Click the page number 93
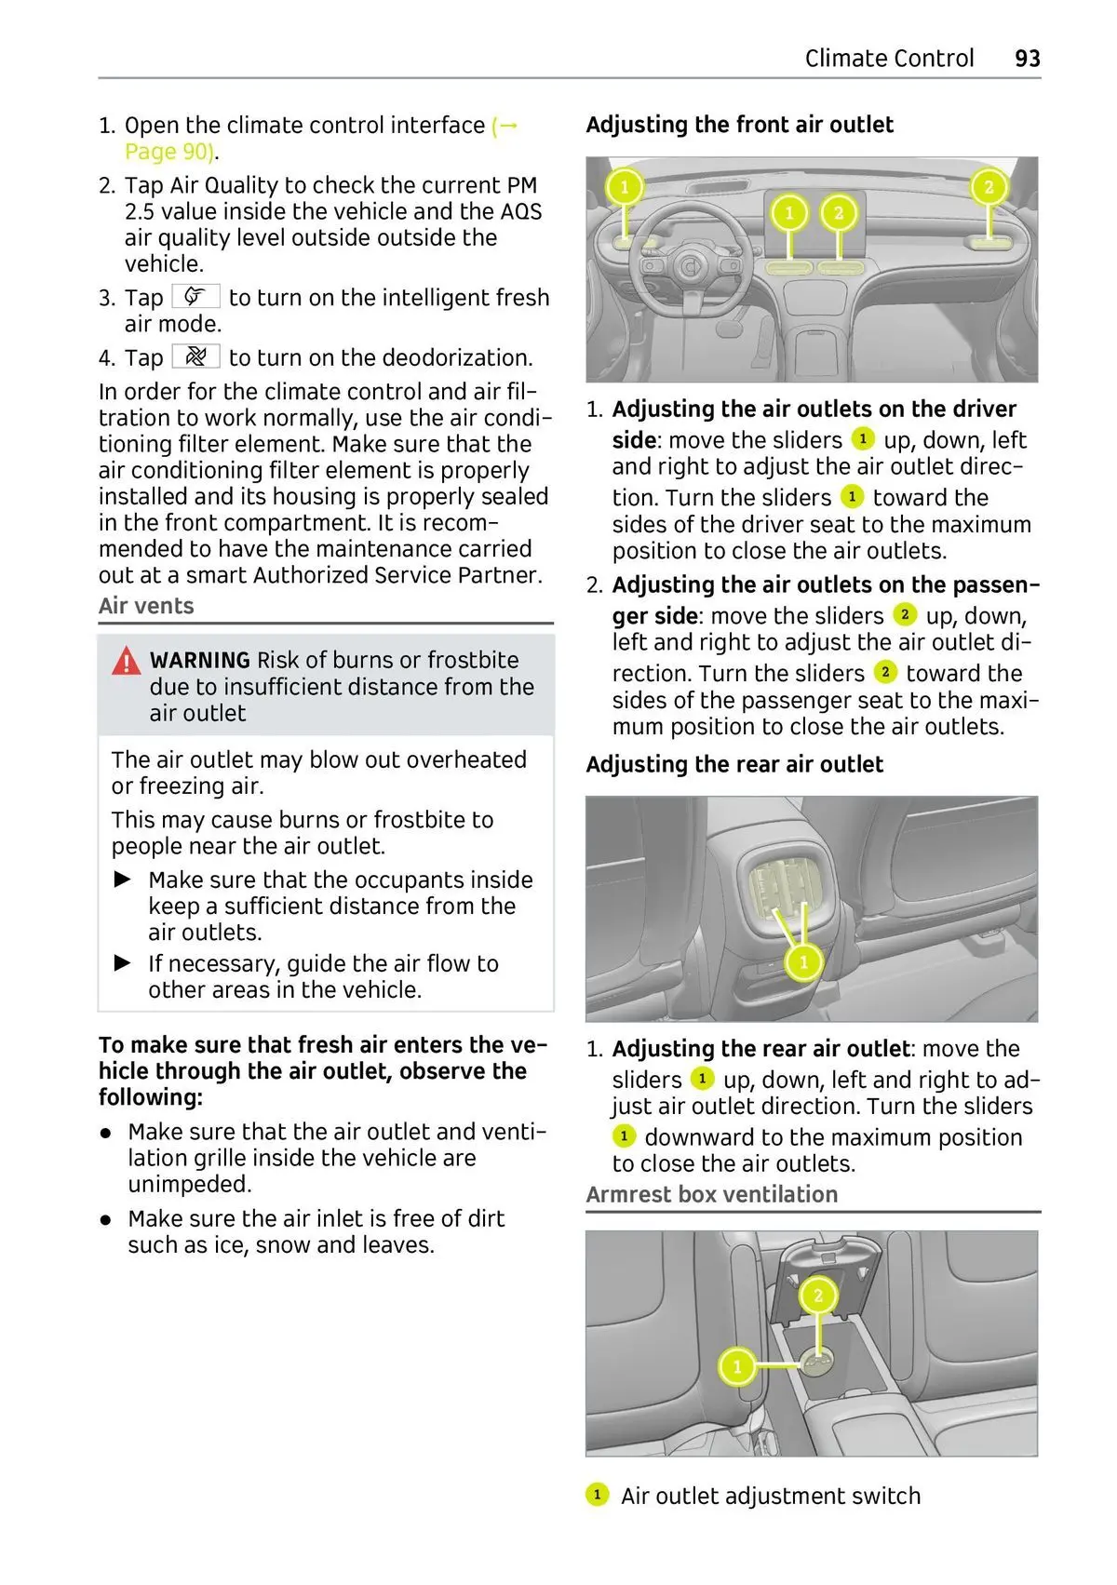[1027, 59]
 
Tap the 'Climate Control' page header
[889, 59]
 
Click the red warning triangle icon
[127, 661]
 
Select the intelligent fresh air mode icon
[195, 297]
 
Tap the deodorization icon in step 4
[195, 356]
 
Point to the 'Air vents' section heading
[146, 606]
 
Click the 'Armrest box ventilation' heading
[712, 1194]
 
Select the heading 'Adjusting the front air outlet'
[739, 125]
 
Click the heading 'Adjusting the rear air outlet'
[734, 764]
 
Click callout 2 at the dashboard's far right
[989, 187]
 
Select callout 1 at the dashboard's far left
[625, 187]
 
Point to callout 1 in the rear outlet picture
[803, 961]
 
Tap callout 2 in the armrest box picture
[818, 1295]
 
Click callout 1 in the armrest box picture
[737, 1366]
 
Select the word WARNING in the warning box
[200, 661]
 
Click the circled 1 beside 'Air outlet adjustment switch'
[597, 1495]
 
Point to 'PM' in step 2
[522, 185]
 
